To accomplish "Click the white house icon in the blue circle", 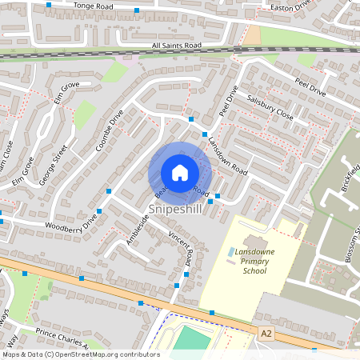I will pyautogui.click(x=180, y=173).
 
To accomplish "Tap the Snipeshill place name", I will pyautogui.click(x=174, y=208).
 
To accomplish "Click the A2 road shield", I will pyautogui.click(x=266, y=330).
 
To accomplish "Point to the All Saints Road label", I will pyautogui.click(x=177, y=46).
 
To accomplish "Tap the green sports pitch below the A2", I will pyautogui.click(x=192, y=338).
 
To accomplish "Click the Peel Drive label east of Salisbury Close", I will pyautogui.click(x=310, y=87).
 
